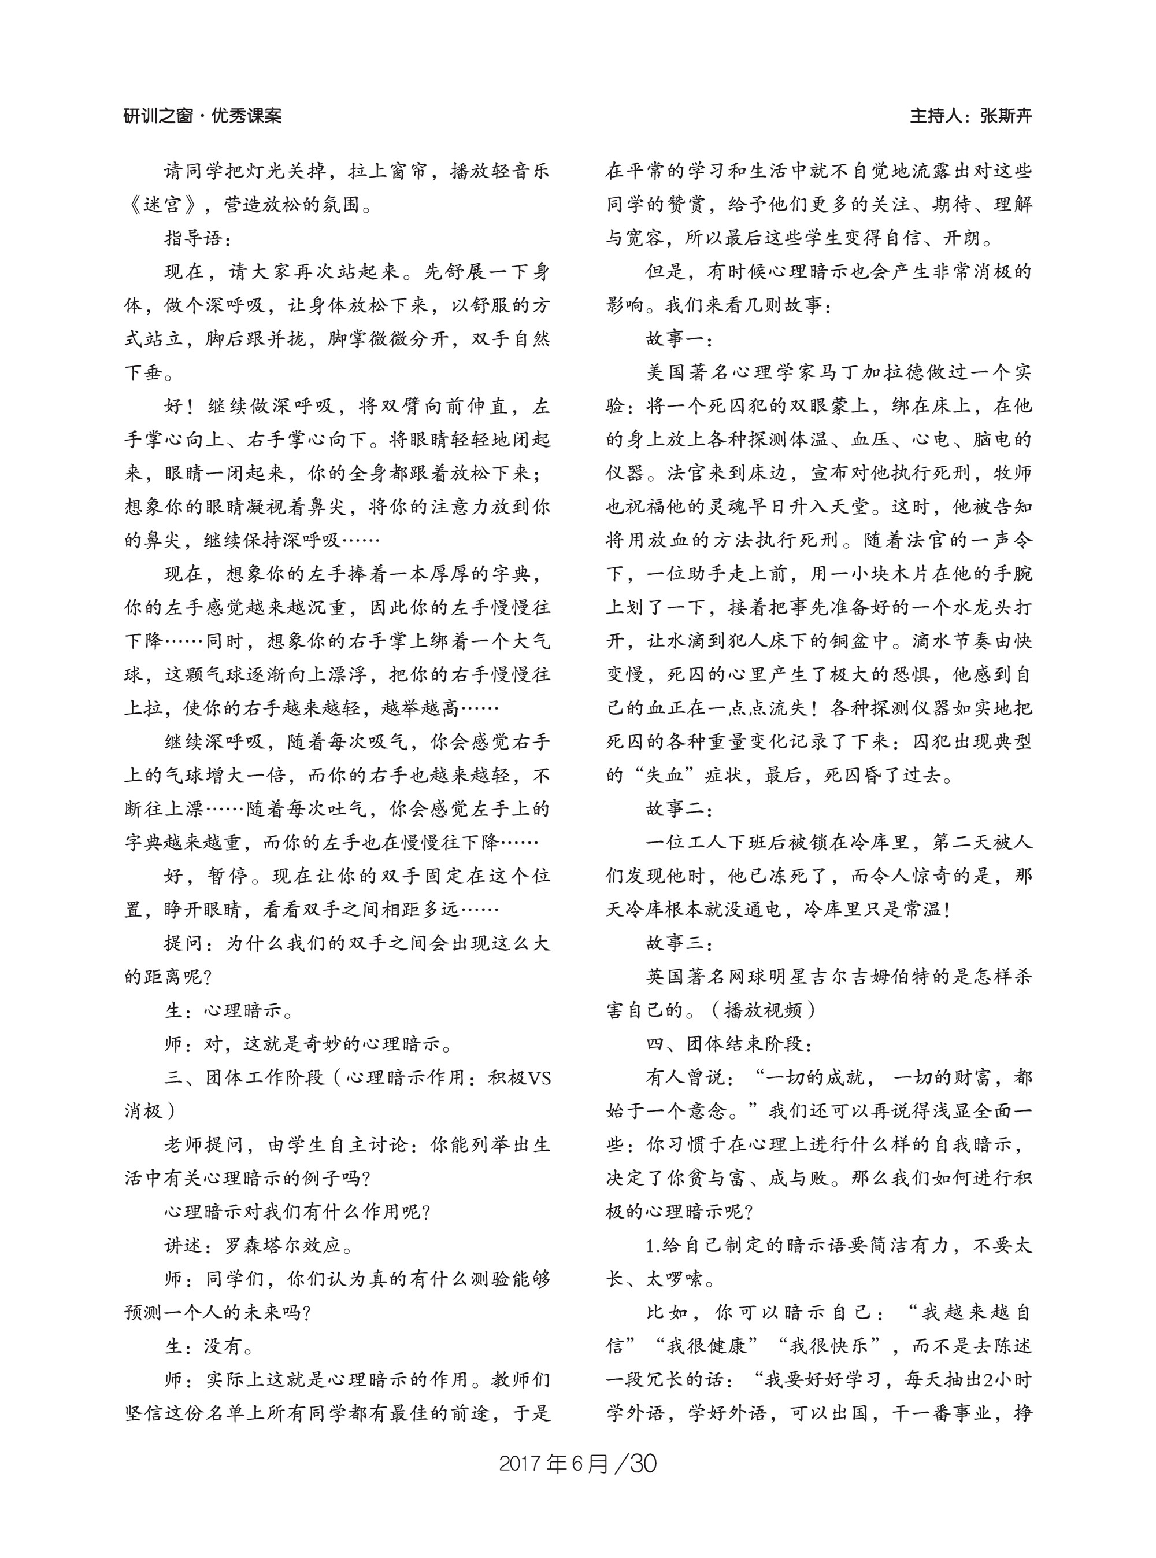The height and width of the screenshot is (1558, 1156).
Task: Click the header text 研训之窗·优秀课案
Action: coord(202,116)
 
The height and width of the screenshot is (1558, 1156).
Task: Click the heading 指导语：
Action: coord(193,238)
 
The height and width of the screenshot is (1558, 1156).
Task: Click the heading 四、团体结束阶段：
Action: coord(728,1044)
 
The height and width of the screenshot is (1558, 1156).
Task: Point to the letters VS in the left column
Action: coord(539,1077)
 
